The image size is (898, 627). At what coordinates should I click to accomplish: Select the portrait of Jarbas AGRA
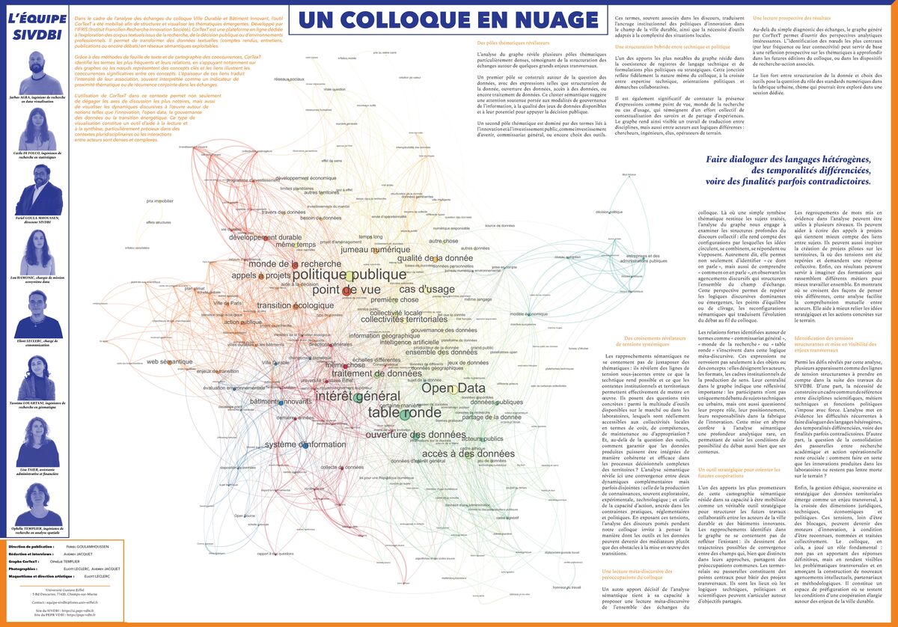pos(35,73)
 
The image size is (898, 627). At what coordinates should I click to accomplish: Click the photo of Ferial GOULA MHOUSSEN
pos(35,183)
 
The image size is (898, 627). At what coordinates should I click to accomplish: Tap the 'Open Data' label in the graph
pos(453,388)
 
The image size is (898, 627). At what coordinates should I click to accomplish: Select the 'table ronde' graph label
pos(405,412)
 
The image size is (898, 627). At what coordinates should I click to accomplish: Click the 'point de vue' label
pos(346,290)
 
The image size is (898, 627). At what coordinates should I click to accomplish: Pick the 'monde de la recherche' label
pos(296,263)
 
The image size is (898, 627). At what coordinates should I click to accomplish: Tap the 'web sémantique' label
pos(171,361)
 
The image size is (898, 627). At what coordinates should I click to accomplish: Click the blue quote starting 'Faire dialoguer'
pos(789,170)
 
